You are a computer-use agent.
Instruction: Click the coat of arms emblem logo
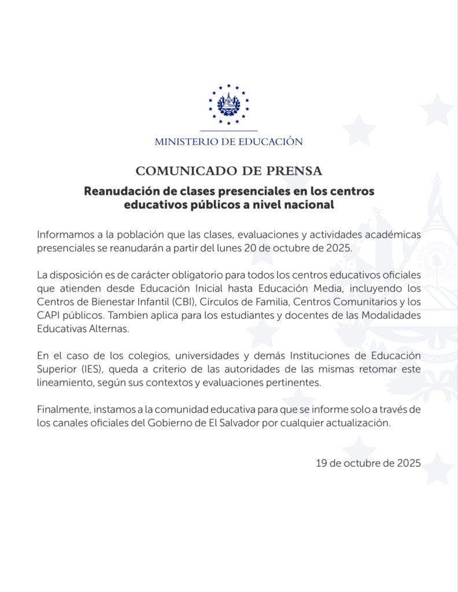(229, 104)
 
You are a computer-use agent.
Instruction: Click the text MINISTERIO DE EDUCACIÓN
(229, 142)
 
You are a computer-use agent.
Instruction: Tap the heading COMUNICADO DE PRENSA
(229, 171)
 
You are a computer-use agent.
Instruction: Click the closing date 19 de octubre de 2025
(368, 463)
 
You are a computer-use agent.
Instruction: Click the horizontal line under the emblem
(229, 131)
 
